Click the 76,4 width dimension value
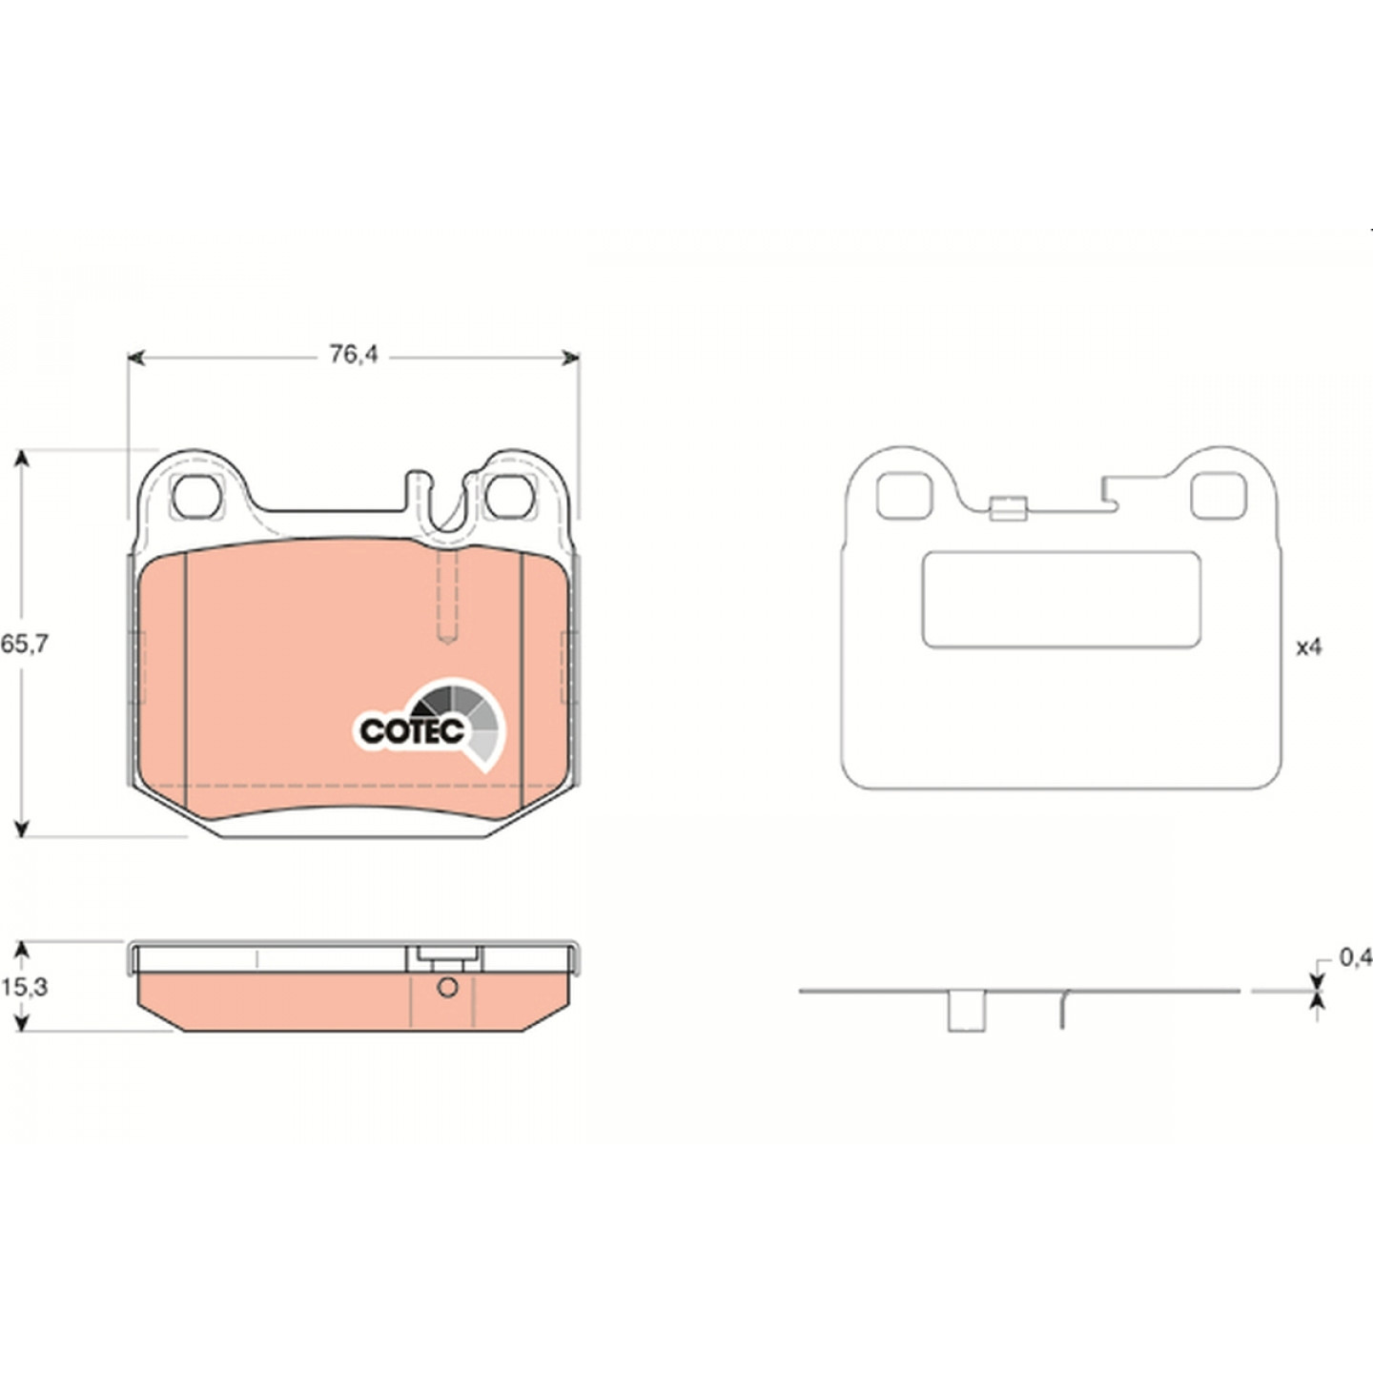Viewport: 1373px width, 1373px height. point(354,354)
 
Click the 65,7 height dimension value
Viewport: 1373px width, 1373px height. point(24,645)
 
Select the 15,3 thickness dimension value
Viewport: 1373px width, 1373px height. point(24,988)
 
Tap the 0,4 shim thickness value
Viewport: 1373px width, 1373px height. point(1356,958)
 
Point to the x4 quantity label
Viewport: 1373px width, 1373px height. point(1309,647)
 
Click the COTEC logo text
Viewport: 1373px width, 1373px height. point(412,731)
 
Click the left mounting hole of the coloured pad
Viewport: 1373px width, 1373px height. point(198,496)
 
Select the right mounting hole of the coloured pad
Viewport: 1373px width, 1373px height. point(509,496)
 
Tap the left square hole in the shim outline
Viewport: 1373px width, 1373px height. point(905,496)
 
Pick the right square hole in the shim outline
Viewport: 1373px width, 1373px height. point(1219,496)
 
